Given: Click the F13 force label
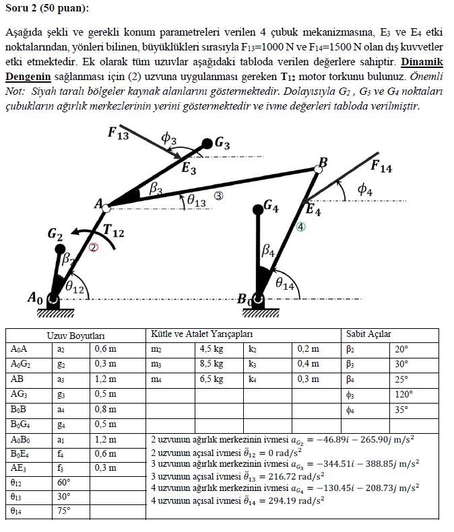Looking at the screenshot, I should [118, 132].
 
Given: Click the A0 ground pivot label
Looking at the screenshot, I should [35, 297].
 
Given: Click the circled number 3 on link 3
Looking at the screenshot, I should [218, 196].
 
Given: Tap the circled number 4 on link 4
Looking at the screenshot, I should [301, 227].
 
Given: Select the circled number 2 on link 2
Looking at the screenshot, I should [94, 248].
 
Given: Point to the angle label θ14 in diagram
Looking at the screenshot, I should [285, 285].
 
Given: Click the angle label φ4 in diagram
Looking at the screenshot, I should [364, 190].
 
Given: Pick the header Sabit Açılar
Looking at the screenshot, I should [368, 334].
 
